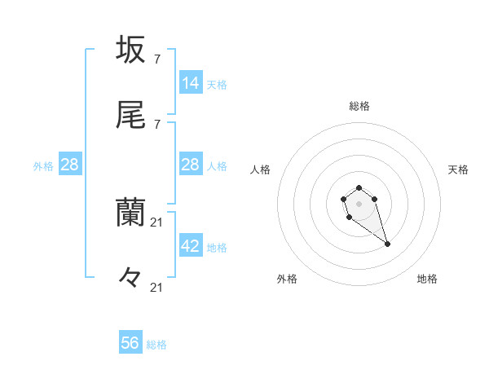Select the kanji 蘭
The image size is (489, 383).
131,211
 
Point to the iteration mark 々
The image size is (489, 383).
130,277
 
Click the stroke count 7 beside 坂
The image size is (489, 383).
156,59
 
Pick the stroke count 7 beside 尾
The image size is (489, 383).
156,124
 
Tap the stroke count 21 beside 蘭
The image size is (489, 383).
157,222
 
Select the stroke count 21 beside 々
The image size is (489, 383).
157,287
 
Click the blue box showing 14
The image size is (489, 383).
191,82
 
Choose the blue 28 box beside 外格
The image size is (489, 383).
70,165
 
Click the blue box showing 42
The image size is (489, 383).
191,246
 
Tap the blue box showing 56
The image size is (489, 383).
130,343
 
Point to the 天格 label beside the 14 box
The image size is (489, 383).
217,84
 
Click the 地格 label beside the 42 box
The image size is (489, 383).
217,248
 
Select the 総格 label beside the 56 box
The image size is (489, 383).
156,345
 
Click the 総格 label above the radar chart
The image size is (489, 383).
359,106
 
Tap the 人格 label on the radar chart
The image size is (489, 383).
261,169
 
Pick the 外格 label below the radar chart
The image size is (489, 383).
286,279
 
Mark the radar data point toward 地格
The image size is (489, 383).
387,244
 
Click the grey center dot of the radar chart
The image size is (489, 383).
359,202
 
